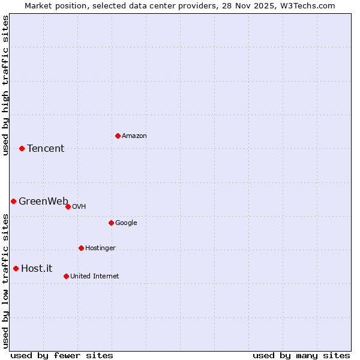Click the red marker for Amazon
(118, 136)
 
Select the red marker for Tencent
(22, 148)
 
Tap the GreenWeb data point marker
(13, 201)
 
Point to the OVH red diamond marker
(68, 206)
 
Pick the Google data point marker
(111, 223)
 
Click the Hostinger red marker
(81, 248)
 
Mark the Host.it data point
(16, 268)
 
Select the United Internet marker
(66, 276)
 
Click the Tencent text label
(46, 149)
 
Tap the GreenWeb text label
(43, 202)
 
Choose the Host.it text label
(37, 269)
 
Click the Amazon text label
(134, 136)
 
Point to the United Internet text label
(95, 277)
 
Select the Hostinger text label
(100, 248)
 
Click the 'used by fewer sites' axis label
(62, 355)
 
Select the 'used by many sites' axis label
(301, 355)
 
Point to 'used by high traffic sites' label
(5, 85)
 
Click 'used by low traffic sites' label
(5, 281)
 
